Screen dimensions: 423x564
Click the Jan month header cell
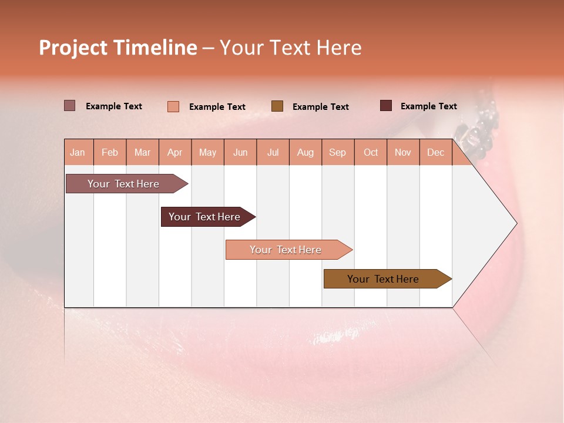click(x=78, y=152)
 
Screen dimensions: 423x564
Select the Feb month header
click(x=110, y=152)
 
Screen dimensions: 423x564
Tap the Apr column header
click(x=175, y=152)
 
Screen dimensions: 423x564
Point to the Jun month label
click(x=240, y=152)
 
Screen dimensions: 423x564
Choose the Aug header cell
click(x=305, y=152)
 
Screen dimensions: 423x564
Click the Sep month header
click(x=338, y=152)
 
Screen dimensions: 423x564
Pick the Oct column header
click(x=371, y=152)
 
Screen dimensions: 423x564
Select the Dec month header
click(x=436, y=152)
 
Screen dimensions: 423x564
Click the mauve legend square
click(x=69, y=106)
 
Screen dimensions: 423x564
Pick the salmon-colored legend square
click(x=173, y=106)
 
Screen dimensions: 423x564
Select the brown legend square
click(x=277, y=106)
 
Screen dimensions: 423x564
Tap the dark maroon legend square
click(x=386, y=106)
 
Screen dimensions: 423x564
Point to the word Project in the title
click(x=73, y=48)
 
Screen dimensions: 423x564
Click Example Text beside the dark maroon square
click(x=429, y=106)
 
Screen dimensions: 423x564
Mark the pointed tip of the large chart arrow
click(x=516, y=223)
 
